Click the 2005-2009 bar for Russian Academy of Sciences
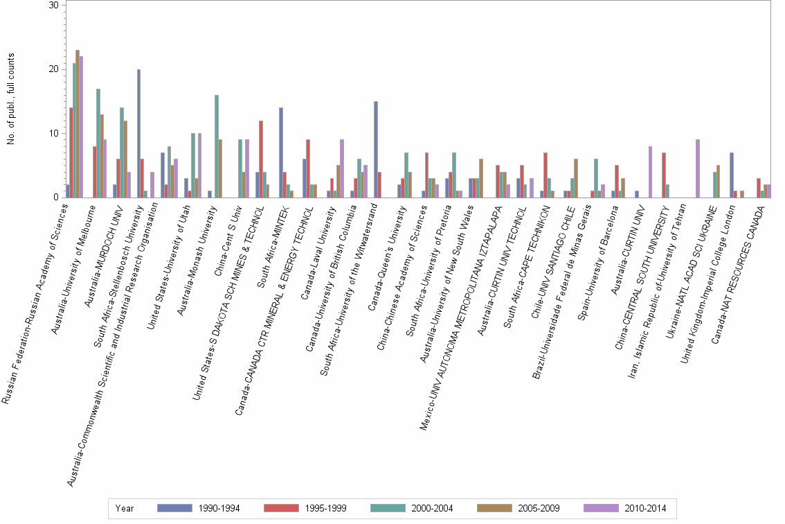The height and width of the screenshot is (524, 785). pyautogui.click(x=78, y=124)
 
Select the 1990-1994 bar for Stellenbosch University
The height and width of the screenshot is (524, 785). pyautogui.click(x=138, y=134)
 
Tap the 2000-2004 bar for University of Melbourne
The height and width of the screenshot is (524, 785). pyautogui.click(x=98, y=143)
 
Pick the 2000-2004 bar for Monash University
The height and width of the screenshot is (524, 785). pyautogui.click(x=217, y=146)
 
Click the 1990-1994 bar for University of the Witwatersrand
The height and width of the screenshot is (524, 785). pyautogui.click(x=376, y=150)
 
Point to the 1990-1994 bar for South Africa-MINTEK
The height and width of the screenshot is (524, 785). pyautogui.click(x=281, y=152)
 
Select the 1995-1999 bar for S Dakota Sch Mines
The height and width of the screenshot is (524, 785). pyautogui.click(x=261, y=159)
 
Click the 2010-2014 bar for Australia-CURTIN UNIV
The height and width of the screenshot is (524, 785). pyautogui.click(x=651, y=172)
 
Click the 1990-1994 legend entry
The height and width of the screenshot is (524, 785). pyautogui.click(x=198, y=508)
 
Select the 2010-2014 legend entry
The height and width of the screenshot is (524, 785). pyautogui.click(x=626, y=508)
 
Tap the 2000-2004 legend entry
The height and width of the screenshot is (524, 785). pyautogui.click(x=412, y=508)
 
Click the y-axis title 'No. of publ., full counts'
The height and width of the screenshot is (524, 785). pyautogui.click(x=11, y=101)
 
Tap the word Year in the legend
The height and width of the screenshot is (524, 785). pyautogui.click(x=125, y=508)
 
